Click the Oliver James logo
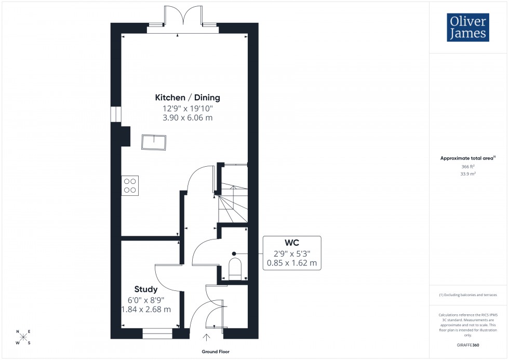click(468, 28)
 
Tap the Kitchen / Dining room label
click(187, 97)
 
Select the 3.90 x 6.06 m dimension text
click(187, 118)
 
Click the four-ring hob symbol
click(130, 185)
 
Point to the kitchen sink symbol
click(154, 142)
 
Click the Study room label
click(145, 289)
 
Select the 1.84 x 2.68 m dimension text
click(145, 309)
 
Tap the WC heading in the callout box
click(292, 243)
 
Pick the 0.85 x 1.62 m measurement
click(292, 263)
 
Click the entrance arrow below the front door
click(207, 338)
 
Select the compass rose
click(23, 337)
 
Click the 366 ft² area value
click(468, 166)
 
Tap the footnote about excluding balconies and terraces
click(468, 295)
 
